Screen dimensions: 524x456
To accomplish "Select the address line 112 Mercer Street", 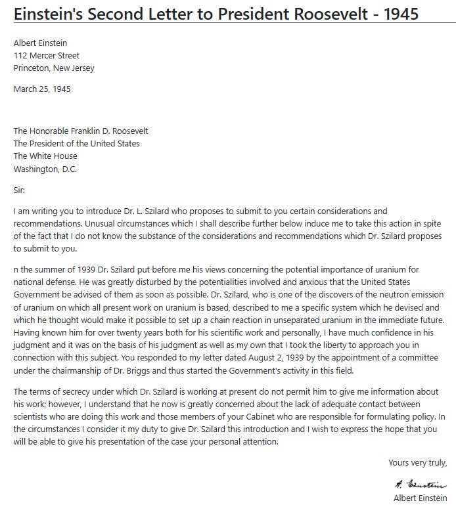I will point(47,56).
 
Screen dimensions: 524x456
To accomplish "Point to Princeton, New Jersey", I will point(54,68).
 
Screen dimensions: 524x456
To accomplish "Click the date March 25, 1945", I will point(42,89).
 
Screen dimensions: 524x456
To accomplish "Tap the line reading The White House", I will point(45,156).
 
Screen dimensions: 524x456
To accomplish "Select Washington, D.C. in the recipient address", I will point(45,169).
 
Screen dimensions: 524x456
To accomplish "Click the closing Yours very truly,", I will point(418,463).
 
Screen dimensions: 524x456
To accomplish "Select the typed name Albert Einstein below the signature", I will point(421,498).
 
